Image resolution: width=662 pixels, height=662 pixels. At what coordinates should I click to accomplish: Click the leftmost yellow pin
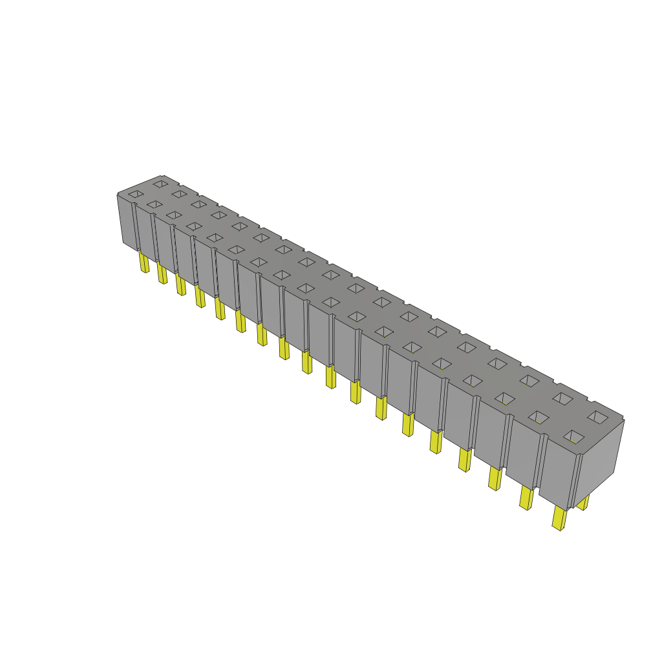(144, 262)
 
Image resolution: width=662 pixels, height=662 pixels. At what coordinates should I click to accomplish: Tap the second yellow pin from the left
(162, 274)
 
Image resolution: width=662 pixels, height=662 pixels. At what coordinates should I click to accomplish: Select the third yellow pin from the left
(180, 285)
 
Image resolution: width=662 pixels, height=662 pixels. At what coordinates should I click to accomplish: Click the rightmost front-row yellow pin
(559, 518)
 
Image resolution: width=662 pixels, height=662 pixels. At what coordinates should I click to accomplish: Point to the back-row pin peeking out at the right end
(583, 502)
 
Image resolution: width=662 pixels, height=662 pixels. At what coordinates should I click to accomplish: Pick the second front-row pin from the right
(526, 498)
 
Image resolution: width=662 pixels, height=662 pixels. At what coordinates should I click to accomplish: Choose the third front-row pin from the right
(495, 478)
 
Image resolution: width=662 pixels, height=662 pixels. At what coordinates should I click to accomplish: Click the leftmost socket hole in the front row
(135, 194)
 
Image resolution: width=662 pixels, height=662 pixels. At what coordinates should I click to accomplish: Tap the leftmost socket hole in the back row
(160, 184)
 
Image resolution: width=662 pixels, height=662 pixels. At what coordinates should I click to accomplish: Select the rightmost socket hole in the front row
(573, 437)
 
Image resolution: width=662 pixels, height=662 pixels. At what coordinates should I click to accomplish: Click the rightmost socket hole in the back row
(597, 415)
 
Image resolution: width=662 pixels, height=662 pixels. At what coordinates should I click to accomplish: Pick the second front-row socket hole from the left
(154, 204)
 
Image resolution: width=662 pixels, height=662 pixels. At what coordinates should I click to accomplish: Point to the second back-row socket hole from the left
(179, 193)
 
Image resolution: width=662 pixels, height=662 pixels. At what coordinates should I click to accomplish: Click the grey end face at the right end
(599, 458)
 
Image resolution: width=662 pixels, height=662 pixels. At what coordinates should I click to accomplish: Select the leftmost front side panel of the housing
(128, 222)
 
